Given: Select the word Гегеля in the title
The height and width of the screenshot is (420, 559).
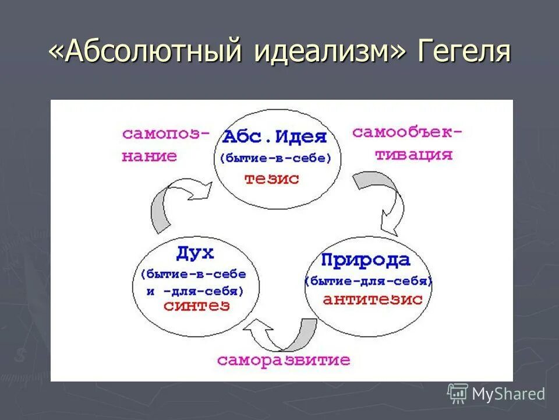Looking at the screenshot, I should point(464,52).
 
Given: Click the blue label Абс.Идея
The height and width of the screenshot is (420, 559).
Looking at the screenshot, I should point(275,138).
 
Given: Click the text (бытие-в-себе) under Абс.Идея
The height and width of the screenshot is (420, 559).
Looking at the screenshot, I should point(275,158).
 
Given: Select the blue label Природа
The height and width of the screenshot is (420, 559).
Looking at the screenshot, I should point(365,260).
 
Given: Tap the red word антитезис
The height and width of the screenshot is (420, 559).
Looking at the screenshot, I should point(373,299).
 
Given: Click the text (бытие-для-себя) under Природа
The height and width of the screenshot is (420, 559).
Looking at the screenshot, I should point(369,281).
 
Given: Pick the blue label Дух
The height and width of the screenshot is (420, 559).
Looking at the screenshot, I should point(194,253).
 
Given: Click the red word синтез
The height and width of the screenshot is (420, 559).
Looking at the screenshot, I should point(196,306).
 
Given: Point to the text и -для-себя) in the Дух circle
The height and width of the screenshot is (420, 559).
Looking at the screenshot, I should point(194,290).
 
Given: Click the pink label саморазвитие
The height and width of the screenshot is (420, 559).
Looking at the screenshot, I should point(284,360).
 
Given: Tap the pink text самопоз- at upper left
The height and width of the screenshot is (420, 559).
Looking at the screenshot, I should point(166,134).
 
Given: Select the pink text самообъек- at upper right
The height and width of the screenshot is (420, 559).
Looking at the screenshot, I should point(408,132).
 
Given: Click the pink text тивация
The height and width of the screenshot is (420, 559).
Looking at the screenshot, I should point(413,155).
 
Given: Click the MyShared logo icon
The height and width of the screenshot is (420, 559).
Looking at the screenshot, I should point(458,393).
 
